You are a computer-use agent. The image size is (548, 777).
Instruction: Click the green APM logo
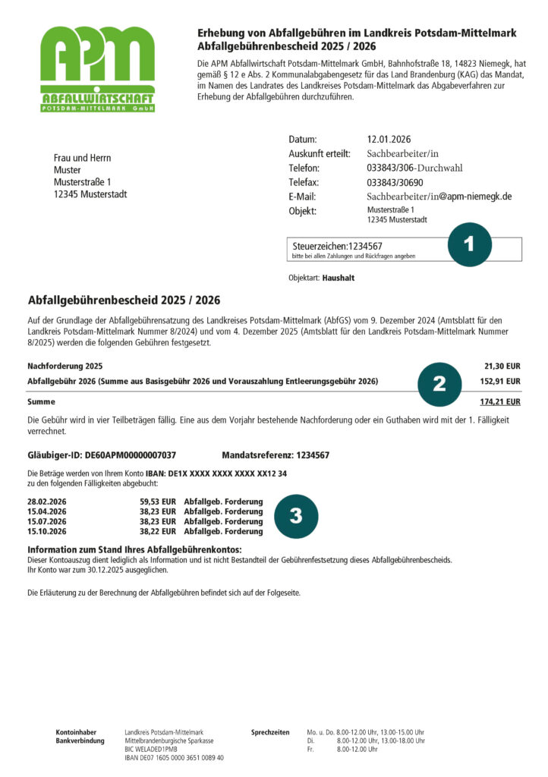(x=97, y=68)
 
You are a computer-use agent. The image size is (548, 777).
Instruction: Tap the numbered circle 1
(x=469, y=244)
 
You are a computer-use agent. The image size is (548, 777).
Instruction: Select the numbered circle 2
(x=439, y=384)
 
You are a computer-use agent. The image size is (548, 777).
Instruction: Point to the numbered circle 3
(x=296, y=516)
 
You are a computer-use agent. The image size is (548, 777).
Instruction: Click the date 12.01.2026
(x=389, y=140)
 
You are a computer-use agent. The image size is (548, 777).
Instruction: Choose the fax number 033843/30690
(x=395, y=182)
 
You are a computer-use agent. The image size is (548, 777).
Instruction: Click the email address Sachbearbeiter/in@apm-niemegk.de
(x=439, y=197)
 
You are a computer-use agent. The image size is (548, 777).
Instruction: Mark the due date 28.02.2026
(x=47, y=502)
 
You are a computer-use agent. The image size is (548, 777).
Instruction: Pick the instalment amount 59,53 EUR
(x=158, y=502)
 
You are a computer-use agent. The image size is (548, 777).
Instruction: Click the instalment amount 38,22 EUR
(x=158, y=531)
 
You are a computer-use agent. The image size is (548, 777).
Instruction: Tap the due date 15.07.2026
(x=47, y=521)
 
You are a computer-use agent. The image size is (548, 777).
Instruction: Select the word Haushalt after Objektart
(x=338, y=278)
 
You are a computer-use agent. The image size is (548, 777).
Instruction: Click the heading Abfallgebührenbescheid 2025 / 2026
(x=124, y=300)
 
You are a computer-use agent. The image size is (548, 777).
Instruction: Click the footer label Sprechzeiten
(x=270, y=732)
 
